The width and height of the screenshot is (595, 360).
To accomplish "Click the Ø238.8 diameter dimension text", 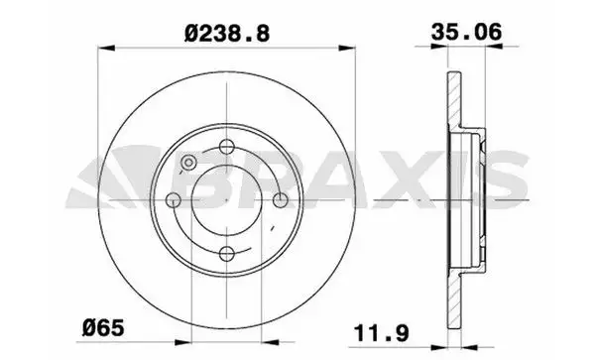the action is coord(227,34).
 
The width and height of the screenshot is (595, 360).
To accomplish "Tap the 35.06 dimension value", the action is coord(466,32).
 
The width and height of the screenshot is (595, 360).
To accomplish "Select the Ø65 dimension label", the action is coord(103,327).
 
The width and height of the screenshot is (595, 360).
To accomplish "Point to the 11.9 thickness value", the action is coord(382,333).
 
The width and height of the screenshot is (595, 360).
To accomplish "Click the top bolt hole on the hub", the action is coord(226,147).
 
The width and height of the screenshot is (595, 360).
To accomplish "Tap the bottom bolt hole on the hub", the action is coord(226,254).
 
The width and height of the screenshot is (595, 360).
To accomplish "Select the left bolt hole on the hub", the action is coord(174,200).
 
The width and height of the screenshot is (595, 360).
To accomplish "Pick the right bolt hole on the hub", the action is coord(281,200).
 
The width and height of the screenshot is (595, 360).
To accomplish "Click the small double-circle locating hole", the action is coord(188,163).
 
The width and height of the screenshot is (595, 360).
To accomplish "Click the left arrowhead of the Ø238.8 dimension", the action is coord(106,48).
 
